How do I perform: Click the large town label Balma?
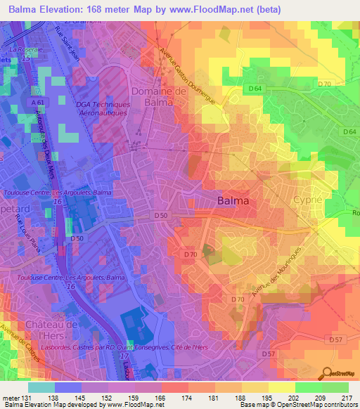(x=233, y=201)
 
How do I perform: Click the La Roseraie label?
(x=27, y=51)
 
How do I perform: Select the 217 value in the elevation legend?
(x=346, y=397)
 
